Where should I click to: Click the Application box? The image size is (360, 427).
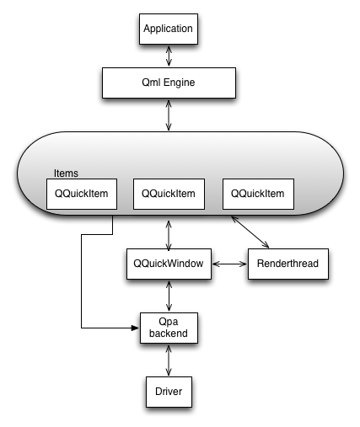(169, 29)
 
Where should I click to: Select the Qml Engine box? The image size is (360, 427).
(169, 83)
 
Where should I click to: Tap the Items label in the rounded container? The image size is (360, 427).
(66, 173)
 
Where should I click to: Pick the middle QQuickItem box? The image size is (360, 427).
(169, 195)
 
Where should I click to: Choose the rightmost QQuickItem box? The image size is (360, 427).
(257, 195)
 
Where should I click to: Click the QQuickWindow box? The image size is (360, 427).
(169, 264)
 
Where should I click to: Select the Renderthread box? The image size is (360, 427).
(287, 264)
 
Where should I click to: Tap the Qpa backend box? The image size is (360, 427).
(169, 328)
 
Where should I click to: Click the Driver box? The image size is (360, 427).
(169, 391)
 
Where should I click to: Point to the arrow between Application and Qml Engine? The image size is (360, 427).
(169, 56)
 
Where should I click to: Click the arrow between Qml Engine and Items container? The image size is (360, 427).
(169, 115)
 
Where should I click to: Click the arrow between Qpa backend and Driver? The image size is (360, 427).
(169, 360)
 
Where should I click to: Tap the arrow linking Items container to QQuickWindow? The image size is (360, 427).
(169, 231)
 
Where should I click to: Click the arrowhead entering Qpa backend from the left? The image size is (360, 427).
(134, 327)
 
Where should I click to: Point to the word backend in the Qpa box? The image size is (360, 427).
(169, 334)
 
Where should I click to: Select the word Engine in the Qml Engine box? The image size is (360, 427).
(182, 83)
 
